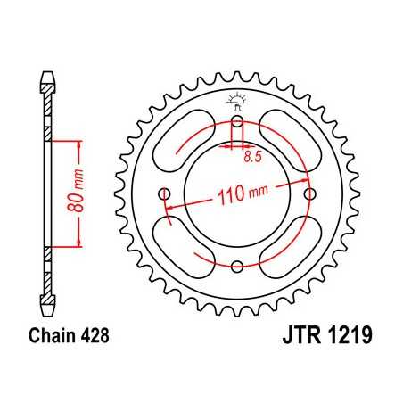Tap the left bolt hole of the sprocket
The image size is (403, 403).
click(x=162, y=195)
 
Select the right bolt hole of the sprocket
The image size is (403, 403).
click(x=309, y=194)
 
